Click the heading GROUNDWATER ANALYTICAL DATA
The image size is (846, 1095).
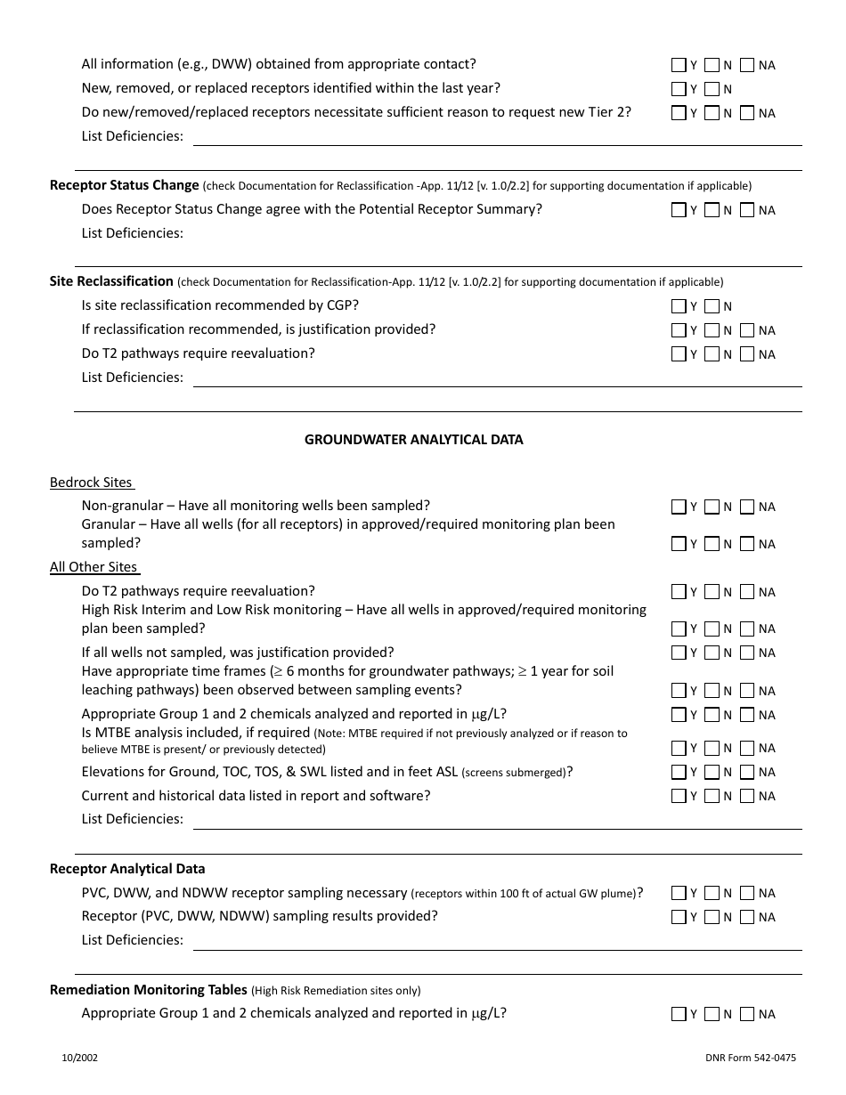click(413, 440)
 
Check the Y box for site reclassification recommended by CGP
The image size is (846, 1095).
click(679, 306)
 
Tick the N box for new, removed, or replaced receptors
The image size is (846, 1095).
click(712, 89)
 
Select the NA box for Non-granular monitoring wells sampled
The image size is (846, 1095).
click(747, 507)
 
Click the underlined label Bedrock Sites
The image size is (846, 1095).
click(91, 483)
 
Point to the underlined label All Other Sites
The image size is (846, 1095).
click(94, 567)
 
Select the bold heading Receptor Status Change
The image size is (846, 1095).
click(124, 185)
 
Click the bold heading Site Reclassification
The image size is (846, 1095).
click(111, 281)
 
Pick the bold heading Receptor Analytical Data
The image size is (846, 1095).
click(127, 869)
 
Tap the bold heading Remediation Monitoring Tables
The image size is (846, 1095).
click(148, 990)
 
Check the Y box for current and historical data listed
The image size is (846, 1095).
click(679, 796)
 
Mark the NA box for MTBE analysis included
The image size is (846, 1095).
click(747, 748)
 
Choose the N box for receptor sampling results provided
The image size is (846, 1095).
click(712, 917)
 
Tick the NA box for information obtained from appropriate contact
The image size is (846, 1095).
click(747, 65)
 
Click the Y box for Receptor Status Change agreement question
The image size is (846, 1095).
click(679, 210)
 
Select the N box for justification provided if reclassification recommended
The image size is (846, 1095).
click(712, 330)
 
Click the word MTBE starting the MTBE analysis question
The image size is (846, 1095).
click(112, 733)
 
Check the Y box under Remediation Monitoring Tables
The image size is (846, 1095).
click(679, 1014)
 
